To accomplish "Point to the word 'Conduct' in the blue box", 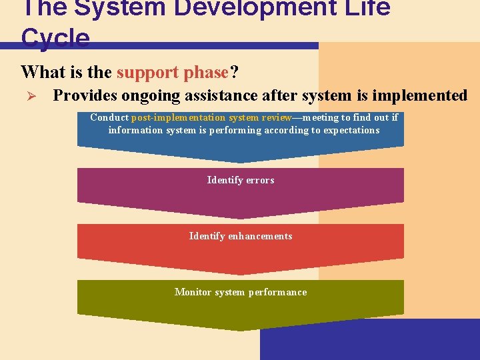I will (109, 117).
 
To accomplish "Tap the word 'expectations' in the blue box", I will (350, 130).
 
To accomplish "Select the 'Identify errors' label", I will (241, 180).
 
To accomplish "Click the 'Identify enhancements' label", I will (241, 236).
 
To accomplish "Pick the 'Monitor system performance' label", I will (241, 292).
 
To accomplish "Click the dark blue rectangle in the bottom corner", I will (370, 340).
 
